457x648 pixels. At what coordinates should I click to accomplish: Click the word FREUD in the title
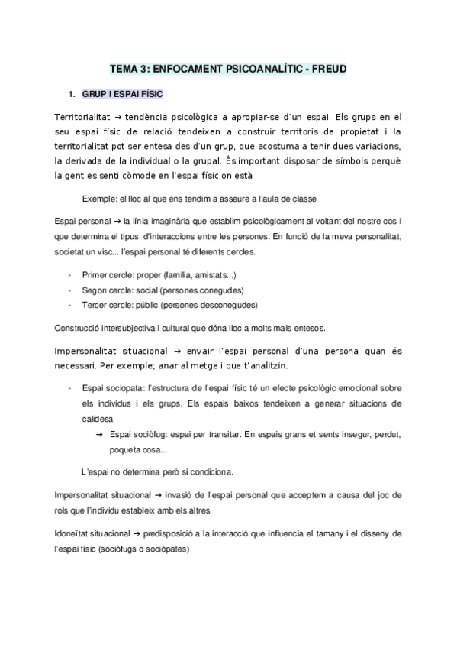point(330,69)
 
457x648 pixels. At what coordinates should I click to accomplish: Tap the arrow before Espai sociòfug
point(100,435)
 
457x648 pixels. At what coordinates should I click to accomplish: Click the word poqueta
point(127,450)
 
